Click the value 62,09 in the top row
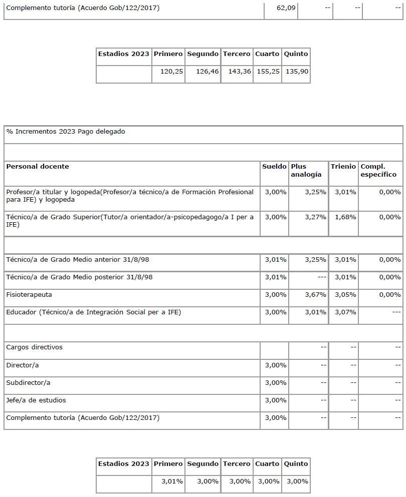(286, 8)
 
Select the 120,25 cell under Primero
(171, 72)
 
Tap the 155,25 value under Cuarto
(268, 72)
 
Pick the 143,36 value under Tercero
(240, 72)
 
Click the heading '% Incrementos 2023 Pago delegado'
(66, 132)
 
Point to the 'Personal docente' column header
(38, 166)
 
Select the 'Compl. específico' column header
(378, 170)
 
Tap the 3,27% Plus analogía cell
(315, 217)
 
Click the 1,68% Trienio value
(345, 217)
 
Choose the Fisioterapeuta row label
(29, 295)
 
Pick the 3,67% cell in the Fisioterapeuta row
(315, 295)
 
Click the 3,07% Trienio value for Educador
(345, 312)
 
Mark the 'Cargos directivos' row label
(34, 347)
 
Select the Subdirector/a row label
(28, 383)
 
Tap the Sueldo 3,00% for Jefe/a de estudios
(275, 400)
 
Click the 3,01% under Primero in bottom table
(172, 481)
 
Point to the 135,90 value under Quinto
(297, 72)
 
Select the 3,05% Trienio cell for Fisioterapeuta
(345, 295)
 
